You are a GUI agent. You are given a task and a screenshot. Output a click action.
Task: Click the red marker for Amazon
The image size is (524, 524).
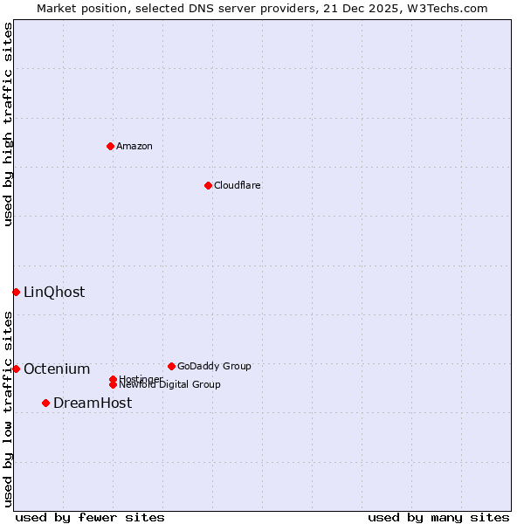110,146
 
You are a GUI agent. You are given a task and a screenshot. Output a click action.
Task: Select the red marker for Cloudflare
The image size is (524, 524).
208,185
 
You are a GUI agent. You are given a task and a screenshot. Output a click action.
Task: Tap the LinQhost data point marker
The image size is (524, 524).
16,292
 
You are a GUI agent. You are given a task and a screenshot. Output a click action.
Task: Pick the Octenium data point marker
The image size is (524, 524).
16,369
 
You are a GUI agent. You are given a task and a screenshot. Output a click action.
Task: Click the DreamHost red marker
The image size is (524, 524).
45,403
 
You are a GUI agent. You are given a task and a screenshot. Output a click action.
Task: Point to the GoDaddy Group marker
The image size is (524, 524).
171,366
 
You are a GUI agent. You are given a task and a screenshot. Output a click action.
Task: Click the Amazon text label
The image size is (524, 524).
134,146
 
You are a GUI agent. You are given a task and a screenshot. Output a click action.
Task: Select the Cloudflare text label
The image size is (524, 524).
237,185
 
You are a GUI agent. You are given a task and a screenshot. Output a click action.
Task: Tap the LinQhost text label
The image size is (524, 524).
54,292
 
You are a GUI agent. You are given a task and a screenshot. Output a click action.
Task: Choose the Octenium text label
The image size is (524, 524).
57,369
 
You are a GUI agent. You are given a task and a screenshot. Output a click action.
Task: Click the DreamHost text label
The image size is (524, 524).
93,403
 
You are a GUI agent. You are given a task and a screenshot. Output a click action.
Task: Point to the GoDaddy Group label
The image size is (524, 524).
214,366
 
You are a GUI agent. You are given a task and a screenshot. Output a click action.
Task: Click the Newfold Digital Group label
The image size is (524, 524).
169,385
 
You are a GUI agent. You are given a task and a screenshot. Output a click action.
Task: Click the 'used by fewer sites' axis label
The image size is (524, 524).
90,517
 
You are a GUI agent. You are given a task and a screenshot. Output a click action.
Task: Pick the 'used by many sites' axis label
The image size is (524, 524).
438,517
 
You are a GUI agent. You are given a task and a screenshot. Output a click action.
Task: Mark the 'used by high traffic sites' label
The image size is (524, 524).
8,124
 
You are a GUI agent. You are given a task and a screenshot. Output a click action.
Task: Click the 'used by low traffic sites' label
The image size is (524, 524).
8,409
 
